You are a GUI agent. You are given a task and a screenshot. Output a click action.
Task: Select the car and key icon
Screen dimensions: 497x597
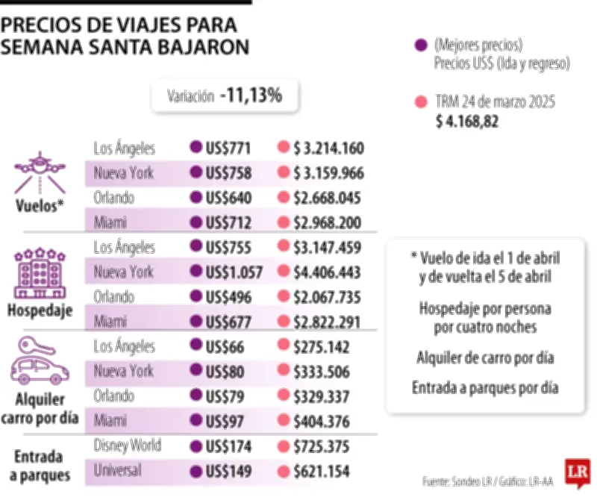39,360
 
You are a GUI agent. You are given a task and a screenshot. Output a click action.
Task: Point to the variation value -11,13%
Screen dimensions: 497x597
250,96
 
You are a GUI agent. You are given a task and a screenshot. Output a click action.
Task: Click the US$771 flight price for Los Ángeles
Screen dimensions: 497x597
228,148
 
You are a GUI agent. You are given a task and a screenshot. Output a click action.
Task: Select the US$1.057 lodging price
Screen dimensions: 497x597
234,272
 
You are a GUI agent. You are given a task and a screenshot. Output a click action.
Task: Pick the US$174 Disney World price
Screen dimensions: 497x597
228,446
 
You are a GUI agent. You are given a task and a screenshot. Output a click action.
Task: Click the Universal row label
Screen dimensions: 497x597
118,471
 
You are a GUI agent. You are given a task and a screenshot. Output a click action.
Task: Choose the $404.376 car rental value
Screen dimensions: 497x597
322,422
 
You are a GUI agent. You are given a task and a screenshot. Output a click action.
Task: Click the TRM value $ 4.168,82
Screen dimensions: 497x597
467,121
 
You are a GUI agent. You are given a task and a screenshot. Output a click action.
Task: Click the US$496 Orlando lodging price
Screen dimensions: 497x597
228,297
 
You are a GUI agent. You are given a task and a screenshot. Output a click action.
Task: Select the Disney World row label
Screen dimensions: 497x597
127,446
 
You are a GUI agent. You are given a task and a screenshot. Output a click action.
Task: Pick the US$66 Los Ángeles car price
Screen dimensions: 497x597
224,347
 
